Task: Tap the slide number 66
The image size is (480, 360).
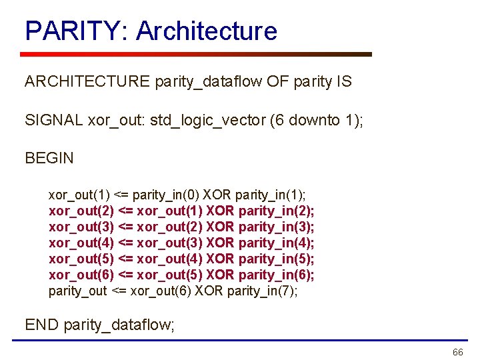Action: pos(457,352)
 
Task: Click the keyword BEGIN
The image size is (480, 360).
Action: pos(49,158)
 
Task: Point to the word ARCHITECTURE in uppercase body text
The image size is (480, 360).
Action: pos(87,81)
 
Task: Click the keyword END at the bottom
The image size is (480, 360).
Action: pos(42,325)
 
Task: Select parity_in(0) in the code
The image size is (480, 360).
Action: pos(166,195)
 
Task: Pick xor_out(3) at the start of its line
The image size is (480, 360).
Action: pos(81,227)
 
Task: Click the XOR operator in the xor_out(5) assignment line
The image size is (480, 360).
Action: pos(221,259)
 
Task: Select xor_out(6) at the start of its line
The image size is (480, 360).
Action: pos(81,275)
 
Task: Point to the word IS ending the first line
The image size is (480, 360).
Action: pos(344,81)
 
